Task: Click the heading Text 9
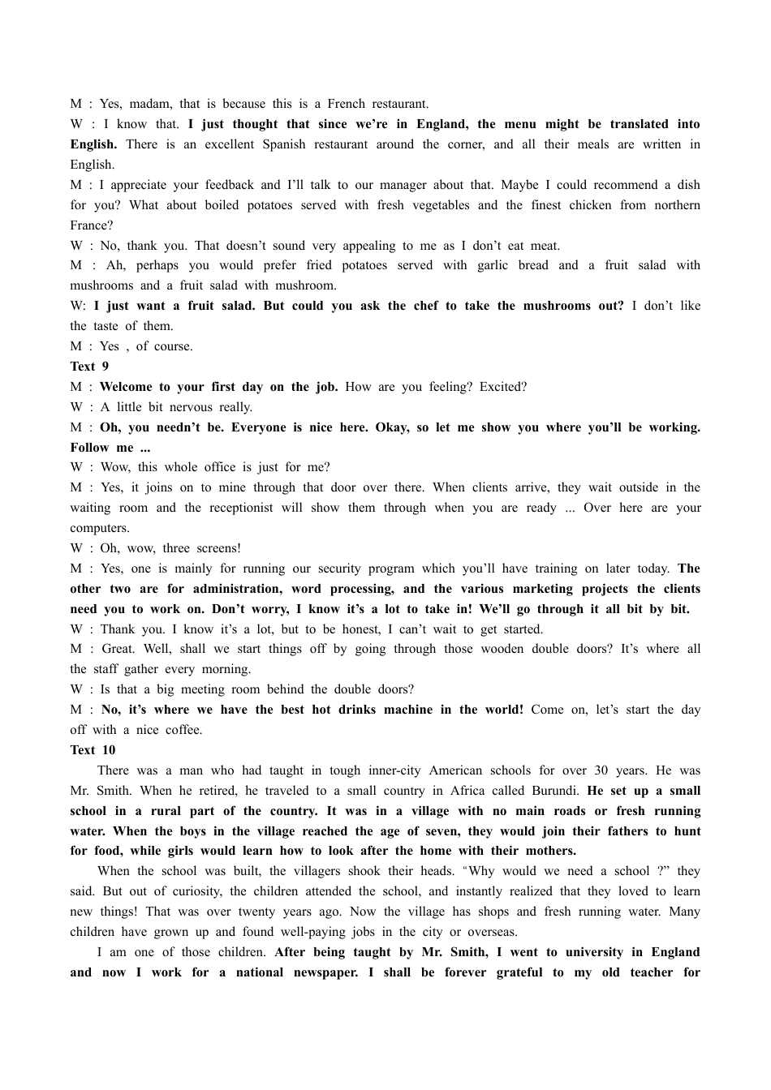point(89,367)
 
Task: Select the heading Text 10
point(93,750)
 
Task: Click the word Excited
point(503,387)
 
